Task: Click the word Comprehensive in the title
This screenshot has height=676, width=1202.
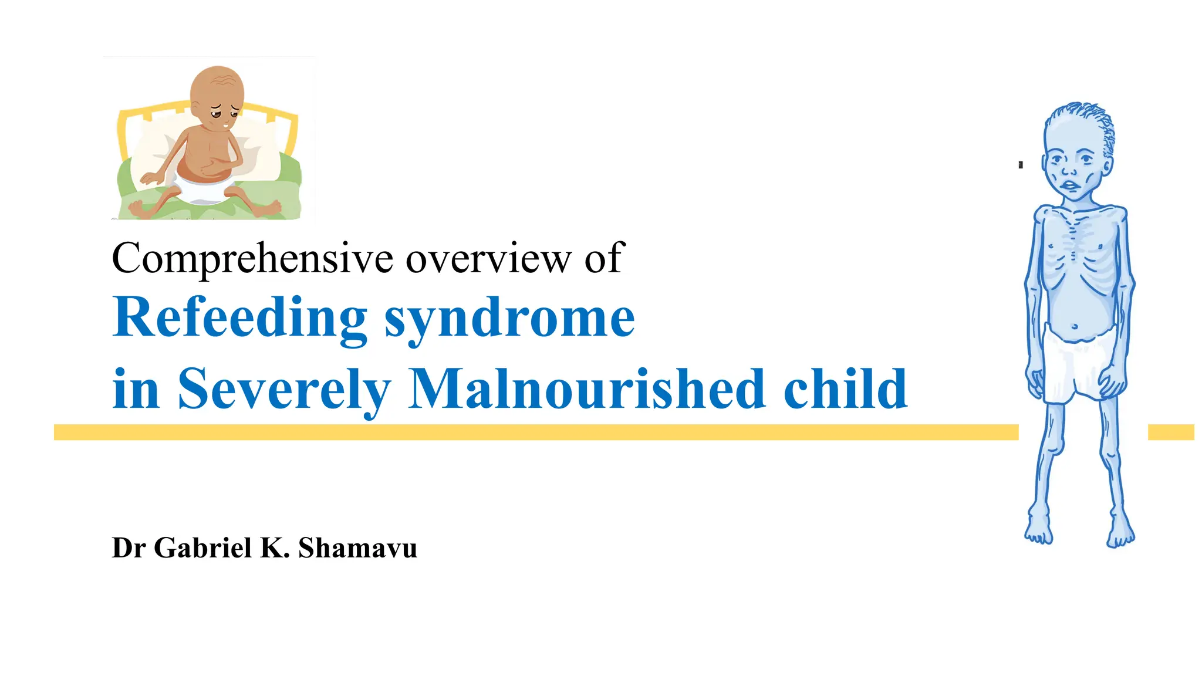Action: tap(252, 258)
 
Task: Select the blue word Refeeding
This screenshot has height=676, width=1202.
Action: tap(240, 318)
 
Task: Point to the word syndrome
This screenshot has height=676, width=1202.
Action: tap(509, 318)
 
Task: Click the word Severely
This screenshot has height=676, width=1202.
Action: tap(284, 388)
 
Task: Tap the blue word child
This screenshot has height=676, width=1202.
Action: tap(845, 388)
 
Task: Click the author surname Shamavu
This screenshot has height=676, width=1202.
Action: tap(357, 547)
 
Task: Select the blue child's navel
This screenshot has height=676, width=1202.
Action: tap(1075, 326)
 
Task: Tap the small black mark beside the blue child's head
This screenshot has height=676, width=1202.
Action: tap(1021, 165)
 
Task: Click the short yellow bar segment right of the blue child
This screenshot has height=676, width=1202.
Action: tap(1170, 432)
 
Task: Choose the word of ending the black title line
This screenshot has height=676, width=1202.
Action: tap(604, 258)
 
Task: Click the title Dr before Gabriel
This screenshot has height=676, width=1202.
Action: tap(129, 547)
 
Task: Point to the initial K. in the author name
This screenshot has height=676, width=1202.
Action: tap(275, 547)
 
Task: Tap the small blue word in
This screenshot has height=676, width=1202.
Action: tap(136, 388)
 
